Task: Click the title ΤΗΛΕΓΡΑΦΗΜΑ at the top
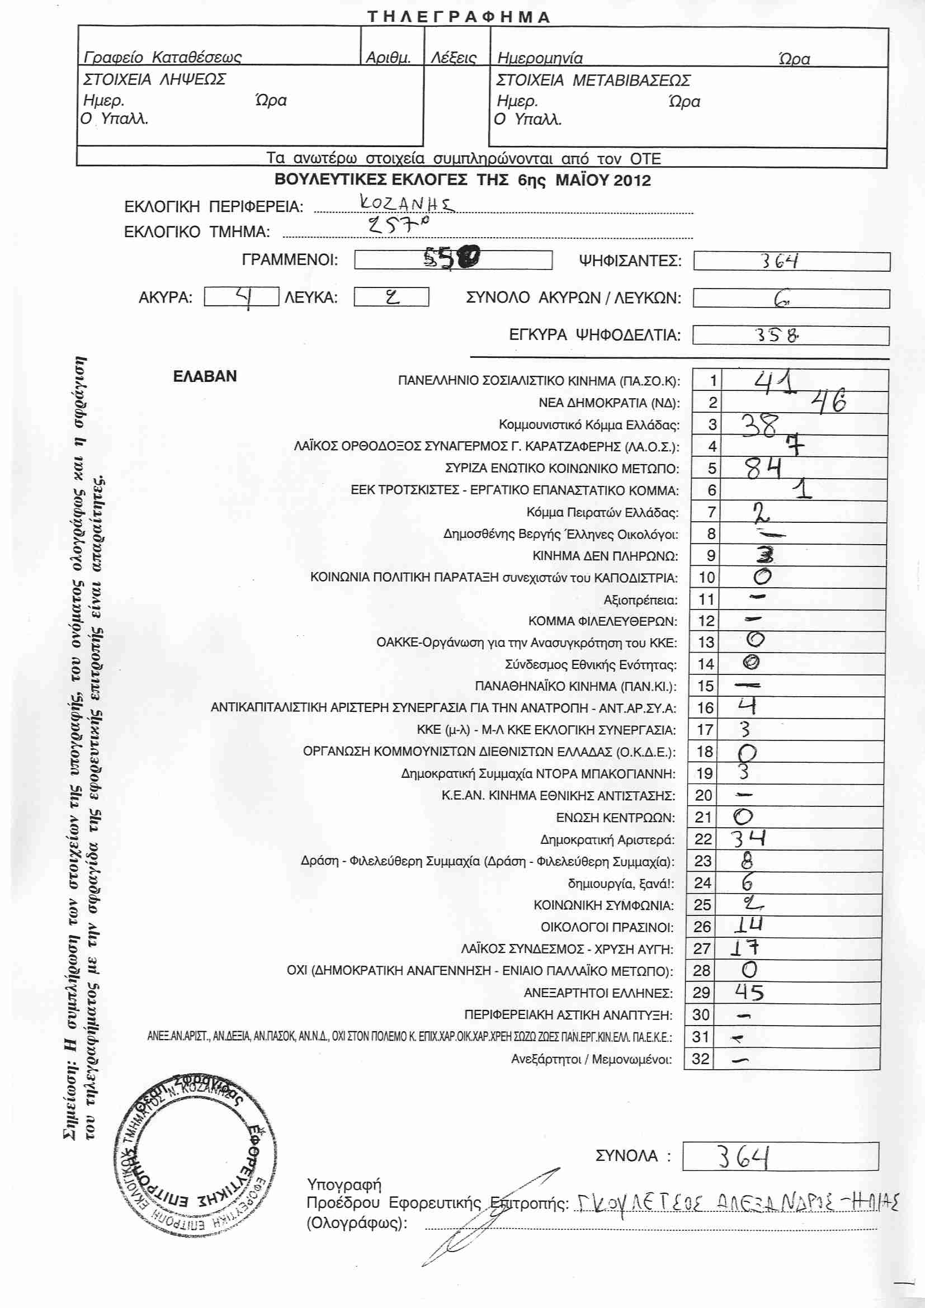pyautogui.click(x=459, y=17)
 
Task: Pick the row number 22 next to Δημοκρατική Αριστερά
pyautogui.click(x=703, y=839)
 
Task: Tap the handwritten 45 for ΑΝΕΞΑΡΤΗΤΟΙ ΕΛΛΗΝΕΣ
pyautogui.click(x=749, y=993)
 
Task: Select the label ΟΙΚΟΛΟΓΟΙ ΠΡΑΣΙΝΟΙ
pyautogui.click(x=607, y=927)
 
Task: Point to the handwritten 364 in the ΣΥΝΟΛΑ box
pyautogui.click(x=744, y=1157)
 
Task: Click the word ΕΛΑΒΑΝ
pyautogui.click(x=205, y=376)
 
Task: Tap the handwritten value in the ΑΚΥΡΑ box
pyautogui.click(x=245, y=297)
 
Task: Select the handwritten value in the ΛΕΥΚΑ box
pyautogui.click(x=393, y=297)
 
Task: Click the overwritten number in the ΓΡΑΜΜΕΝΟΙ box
pyautogui.click(x=451, y=260)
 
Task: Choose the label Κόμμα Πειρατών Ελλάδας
pyautogui.click(x=602, y=512)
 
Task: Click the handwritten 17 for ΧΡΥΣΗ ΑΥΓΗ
pyautogui.click(x=745, y=948)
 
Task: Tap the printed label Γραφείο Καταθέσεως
pyautogui.click(x=162, y=57)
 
